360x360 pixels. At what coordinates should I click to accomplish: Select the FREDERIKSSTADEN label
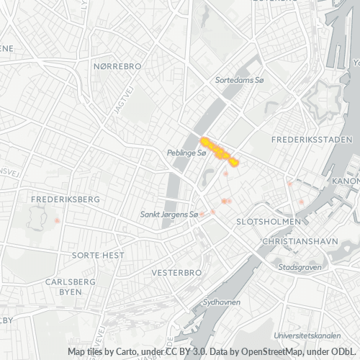coord(312,139)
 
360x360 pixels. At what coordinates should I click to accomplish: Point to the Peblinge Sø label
coord(186,153)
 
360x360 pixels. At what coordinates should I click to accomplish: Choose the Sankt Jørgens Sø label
coord(169,215)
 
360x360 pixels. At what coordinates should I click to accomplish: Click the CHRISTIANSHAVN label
coord(300,242)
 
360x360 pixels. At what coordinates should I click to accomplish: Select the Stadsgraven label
coord(297,267)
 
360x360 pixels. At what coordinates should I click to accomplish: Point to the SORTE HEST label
coord(98,256)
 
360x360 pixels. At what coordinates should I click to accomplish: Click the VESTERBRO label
coord(176,274)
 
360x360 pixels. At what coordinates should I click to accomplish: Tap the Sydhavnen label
coord(221,302)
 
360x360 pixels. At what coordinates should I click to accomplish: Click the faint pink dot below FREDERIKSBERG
coord(57,219)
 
